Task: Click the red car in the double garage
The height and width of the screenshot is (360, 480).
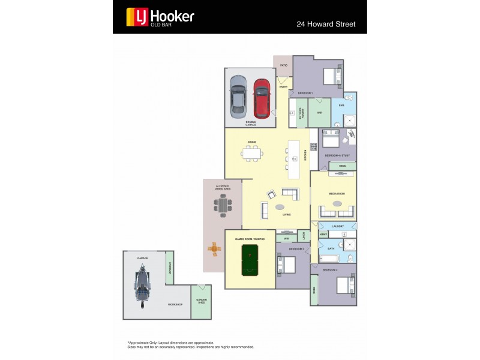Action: click(x=262, y=98)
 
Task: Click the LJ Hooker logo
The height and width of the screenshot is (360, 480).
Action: click(x=160, y=17)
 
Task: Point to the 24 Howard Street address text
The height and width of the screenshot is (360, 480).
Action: click(x=326, y=25)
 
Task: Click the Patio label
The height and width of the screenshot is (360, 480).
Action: click(x=283, y=65)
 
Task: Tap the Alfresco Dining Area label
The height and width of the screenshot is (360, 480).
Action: click(x=223, y=188)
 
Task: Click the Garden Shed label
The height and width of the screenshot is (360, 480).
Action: click(x=201, y=301)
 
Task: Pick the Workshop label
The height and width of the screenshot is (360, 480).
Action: click(x=175, y=305)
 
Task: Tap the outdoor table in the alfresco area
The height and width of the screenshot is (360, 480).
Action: click(x=223, y=206)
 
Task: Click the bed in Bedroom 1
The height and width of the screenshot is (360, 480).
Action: click(x=331, y=77)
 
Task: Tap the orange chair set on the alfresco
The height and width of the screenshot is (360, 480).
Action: click(x=214, y=247)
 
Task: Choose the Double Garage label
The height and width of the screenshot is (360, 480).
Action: click(x=250, y=123)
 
